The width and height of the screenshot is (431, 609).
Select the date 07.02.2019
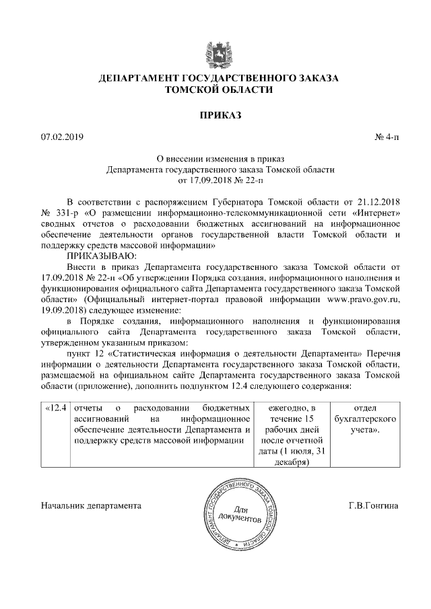[x=61, y=137]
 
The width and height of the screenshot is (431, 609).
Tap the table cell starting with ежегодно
[x=292, y=435]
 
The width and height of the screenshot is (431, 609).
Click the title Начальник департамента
[x=91, y=505]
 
